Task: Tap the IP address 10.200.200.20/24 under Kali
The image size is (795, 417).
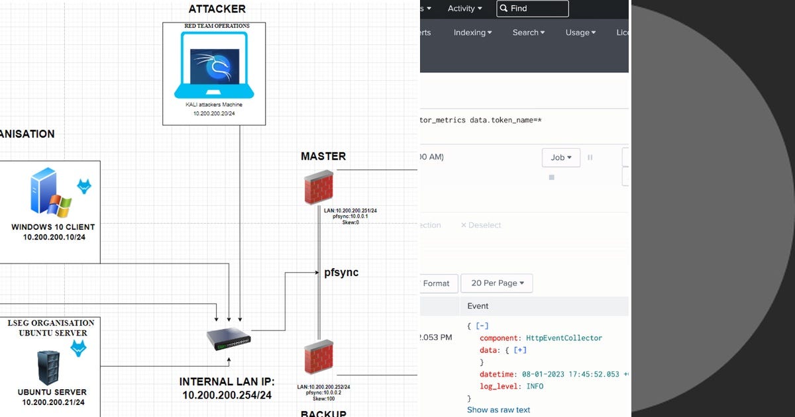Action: (214, 114)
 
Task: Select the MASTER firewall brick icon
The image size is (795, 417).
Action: (318, 188)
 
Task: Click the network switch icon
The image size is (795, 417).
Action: (229, 340)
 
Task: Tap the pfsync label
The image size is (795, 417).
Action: (341, 272)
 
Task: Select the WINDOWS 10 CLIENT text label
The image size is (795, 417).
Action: (53, 227)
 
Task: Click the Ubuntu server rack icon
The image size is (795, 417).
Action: (48, 367)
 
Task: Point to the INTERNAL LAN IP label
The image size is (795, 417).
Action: (227, 382)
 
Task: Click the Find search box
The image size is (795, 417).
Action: (531, 9)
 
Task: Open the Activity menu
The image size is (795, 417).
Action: (464, 9)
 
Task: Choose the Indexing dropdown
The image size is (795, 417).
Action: (472, 32)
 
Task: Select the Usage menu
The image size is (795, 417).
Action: (580, 32)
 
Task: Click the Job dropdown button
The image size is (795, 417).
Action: (560, 158)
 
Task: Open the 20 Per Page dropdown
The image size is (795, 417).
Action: (497, 283)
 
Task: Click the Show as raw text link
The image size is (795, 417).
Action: (498, 410)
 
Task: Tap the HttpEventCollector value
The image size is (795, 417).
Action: (564, 338)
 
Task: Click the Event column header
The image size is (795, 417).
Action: (478, 306)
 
